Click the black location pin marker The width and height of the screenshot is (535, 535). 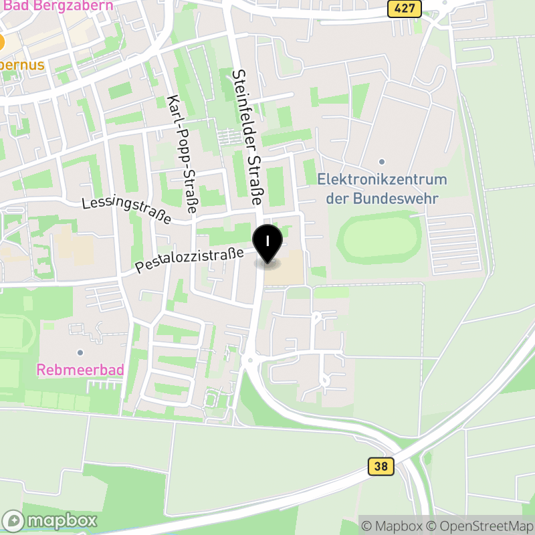pos(267,244)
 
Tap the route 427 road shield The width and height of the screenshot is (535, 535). pos(405,9)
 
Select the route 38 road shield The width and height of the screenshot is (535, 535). pos(380,466)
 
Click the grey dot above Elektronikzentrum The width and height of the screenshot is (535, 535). pos(382,162)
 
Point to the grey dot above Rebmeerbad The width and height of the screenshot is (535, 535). pos(80,352)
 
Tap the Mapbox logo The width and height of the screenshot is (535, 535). pos(51,520)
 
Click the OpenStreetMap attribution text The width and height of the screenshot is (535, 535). pos(479,526)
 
